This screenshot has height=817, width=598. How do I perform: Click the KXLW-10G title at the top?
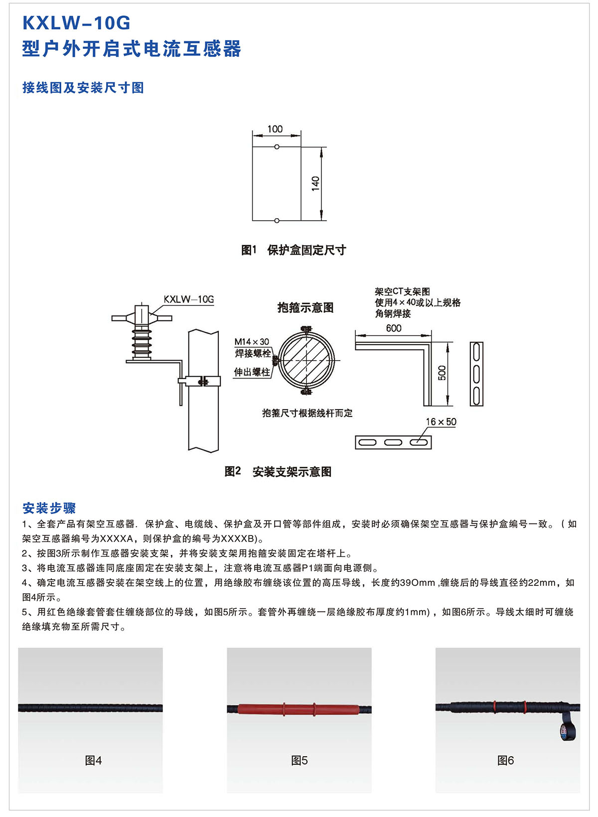76,23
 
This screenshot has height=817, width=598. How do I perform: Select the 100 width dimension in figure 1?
275,129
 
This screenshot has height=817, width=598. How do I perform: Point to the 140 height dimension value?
315,183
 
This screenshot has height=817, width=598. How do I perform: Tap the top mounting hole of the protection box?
277,146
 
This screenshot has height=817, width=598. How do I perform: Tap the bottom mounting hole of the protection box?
277,221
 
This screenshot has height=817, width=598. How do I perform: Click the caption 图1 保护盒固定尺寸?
294,250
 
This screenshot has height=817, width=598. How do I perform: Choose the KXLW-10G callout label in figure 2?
189,299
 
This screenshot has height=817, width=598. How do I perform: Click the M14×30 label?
251,342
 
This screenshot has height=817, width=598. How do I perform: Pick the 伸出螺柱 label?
252,372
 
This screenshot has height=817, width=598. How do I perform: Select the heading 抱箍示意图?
305,308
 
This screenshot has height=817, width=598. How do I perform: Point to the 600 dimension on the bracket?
394,328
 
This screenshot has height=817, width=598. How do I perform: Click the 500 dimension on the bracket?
442,373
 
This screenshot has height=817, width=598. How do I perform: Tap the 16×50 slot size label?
441,421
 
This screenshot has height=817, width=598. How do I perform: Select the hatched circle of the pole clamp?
306,360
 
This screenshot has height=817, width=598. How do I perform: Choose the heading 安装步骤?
49,508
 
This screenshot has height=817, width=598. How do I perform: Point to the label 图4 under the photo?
93,761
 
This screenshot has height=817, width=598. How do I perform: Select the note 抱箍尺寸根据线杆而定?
307,413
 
